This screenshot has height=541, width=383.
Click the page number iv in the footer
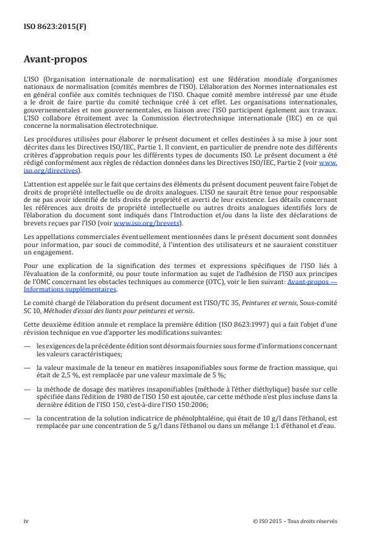(26, 521)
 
